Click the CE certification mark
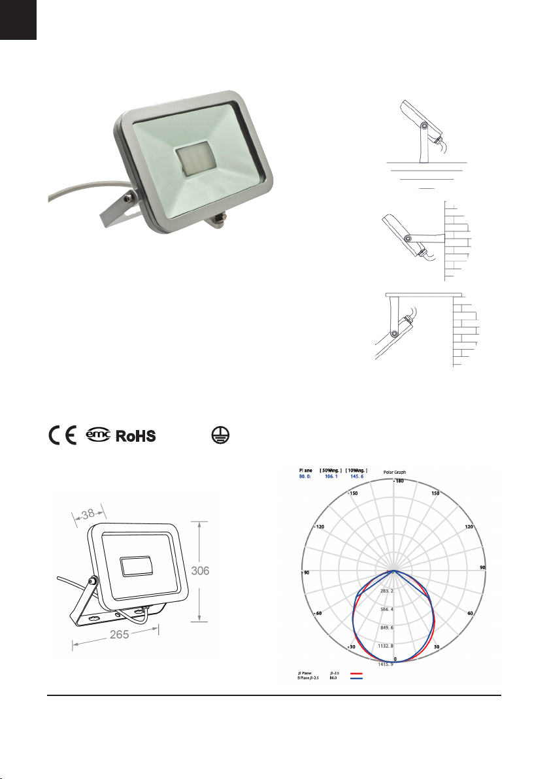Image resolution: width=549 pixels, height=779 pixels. pyautogui.click(x=61, y=436)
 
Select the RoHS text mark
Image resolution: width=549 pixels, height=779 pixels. pyautogui.click(x=136, y=436)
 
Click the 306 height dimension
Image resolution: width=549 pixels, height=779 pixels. pyautogui.click(x=200, y=571)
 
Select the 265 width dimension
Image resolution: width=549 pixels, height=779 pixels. pyautogui.click(x=118, y=635)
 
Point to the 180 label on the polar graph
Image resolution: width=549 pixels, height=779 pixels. pyautogui.click(x=398, y=482)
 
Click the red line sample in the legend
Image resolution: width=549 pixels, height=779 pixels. pyautogui.click(x=356, y=672)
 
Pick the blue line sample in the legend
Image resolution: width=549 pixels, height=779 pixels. pyautogui.click(x=356, y=678)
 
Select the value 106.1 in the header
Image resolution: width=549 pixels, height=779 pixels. pyautogui.click(x=333, y=477)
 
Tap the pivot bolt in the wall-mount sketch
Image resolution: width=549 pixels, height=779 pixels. pyautogui.click(x=408, y=239)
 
